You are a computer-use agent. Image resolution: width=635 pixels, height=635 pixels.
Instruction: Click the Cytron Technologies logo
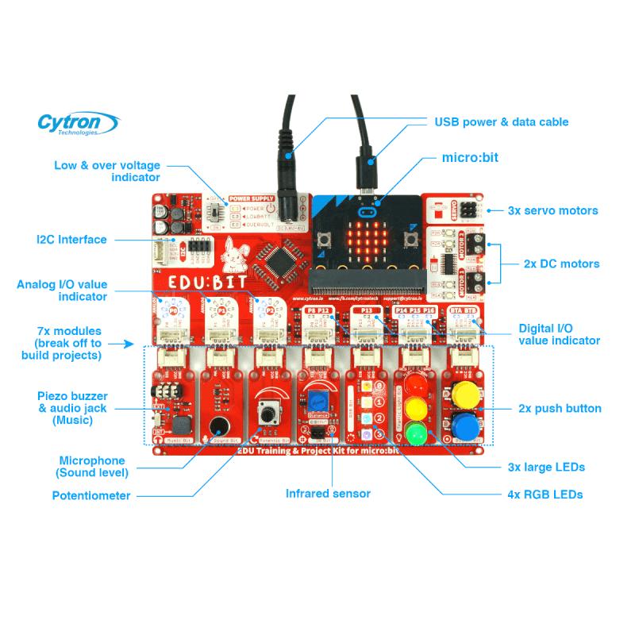[79, 124]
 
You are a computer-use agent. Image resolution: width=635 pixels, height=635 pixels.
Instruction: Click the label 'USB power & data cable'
[501, 122]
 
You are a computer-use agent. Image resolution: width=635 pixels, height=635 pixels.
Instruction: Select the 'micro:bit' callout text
[470, 158]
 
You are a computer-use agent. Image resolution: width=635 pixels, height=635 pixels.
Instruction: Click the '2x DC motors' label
[561, 264]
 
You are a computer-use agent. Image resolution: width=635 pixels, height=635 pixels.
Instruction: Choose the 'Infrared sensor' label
[328, 494]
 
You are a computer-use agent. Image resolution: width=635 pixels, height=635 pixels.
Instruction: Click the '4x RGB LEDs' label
[545, 495]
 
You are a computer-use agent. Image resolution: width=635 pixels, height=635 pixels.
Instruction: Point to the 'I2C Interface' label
[71, 239]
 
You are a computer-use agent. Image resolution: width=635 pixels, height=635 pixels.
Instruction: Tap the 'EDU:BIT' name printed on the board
[198, 284]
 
